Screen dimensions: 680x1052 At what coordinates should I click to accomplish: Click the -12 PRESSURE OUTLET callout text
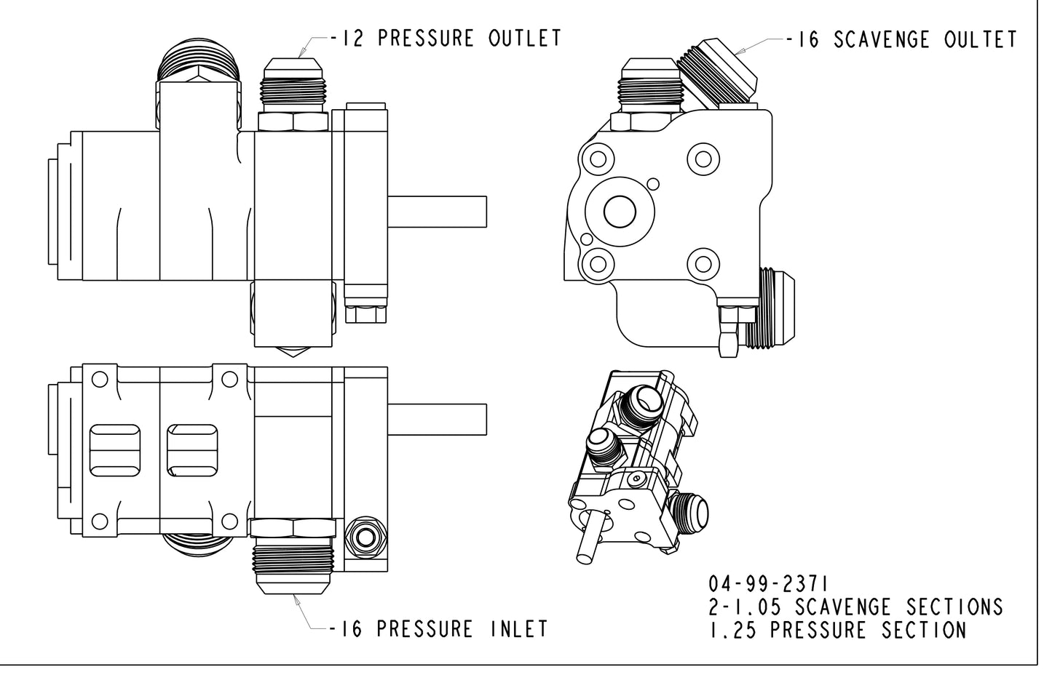click(x=446, y=39)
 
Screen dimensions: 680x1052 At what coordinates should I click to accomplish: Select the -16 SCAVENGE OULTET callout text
click(x=901, y=39)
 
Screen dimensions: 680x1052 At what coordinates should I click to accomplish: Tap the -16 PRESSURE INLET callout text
click(x=438, y=628)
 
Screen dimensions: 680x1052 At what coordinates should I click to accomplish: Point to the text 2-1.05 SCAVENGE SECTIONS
click(x=855, y=607)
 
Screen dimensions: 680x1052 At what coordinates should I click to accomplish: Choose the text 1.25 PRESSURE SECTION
click(x=837, y=630)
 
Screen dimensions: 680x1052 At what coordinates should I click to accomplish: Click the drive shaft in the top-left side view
click(x=437, y=212)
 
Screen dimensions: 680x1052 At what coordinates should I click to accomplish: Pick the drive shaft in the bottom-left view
click(x=437, y=420)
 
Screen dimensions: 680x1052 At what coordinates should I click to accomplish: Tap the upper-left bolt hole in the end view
click(x=599, y=159)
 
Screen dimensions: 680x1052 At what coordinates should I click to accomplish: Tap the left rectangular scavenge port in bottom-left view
click(x=113, y=451)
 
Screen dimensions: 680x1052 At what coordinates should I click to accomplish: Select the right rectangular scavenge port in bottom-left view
click(x=193, y=451)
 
